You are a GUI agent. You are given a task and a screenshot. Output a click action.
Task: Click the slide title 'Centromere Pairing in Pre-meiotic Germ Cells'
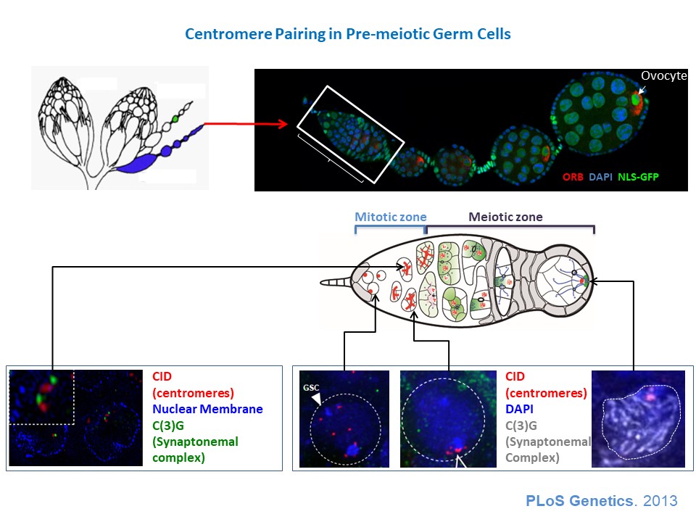click(x=347, y=34)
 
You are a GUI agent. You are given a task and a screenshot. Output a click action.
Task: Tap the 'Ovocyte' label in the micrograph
click(x=663, y=75)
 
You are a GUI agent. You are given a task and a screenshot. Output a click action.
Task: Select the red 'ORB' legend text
click(x=573, y=177)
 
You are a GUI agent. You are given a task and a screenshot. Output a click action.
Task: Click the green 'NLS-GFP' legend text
click(x=638, y=177)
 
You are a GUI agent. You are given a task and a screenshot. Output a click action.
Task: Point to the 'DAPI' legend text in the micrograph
click(x=600, y=177)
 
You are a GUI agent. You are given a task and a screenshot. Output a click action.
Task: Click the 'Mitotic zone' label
click(x=391, y=217)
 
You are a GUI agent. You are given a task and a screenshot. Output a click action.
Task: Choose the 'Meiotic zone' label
click(x=505, y=217)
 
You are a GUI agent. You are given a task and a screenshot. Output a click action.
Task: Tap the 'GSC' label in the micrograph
click(x=311, y=387)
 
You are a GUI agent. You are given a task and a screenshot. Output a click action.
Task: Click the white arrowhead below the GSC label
click(x=317, y=398)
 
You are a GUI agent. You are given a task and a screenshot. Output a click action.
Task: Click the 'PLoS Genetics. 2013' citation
click(x=602, y=501)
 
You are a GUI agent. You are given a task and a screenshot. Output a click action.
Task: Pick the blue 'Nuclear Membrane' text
click(x=207, y=409)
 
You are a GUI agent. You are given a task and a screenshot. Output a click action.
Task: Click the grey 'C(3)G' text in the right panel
click(x=521, y=426)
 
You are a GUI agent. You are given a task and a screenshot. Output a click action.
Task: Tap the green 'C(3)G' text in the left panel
click(x=167, y=426)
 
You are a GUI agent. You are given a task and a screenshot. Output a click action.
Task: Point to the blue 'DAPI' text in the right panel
click(x=519, y=409)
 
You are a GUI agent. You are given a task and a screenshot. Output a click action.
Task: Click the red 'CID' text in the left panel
click(x=162, y=376)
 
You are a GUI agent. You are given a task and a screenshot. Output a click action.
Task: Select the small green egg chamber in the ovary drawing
click(x=175, y=119)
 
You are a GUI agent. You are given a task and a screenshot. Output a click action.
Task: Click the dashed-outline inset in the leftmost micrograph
click(x=41, y=397)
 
